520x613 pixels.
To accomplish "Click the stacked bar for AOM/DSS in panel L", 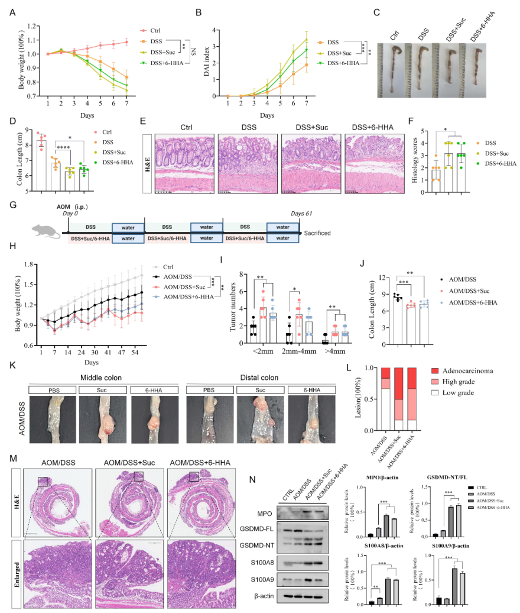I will coord(385,399).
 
